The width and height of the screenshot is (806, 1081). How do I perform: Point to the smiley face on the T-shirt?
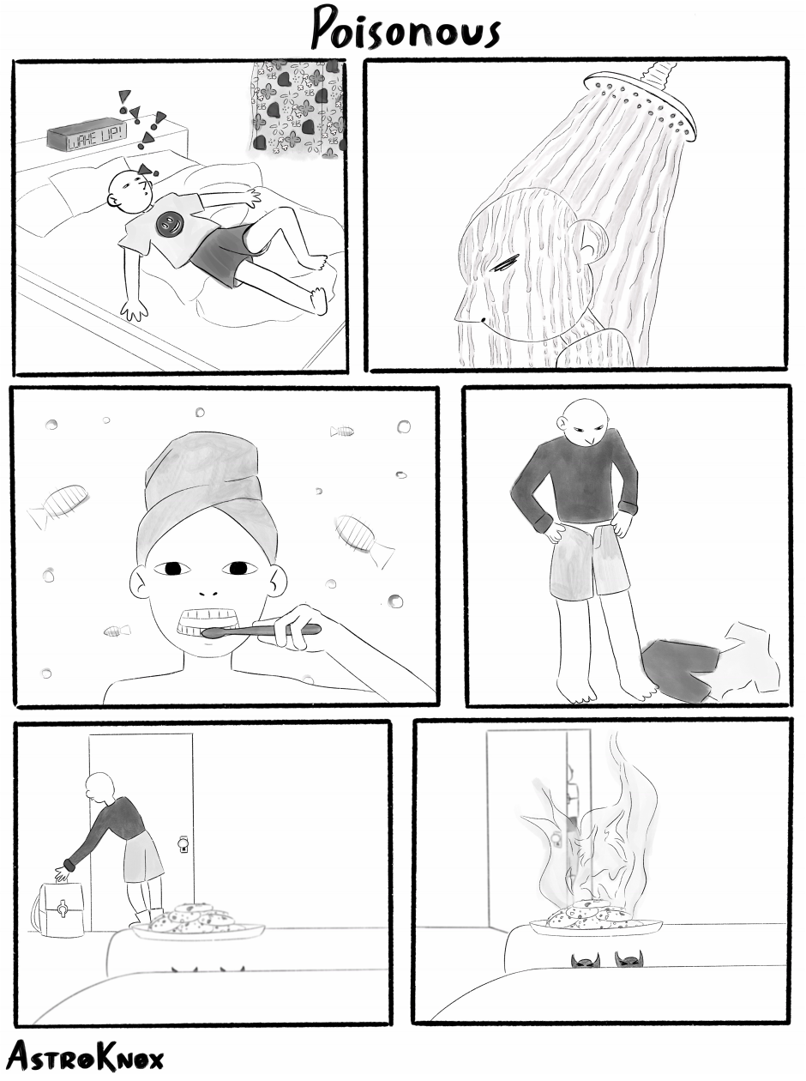pyautogui.click(x=169, y=224)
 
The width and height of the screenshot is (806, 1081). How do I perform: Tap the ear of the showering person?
pyautogui.click(x=587, y=239)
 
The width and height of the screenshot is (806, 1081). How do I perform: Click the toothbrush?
pyautogui.click(x=262, y=631)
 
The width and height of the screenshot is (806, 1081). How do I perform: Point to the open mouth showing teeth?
pyautogui.click(x=209, y=623)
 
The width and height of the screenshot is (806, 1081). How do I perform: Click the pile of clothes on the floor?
pyautogui.click(x=711, y=662)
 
